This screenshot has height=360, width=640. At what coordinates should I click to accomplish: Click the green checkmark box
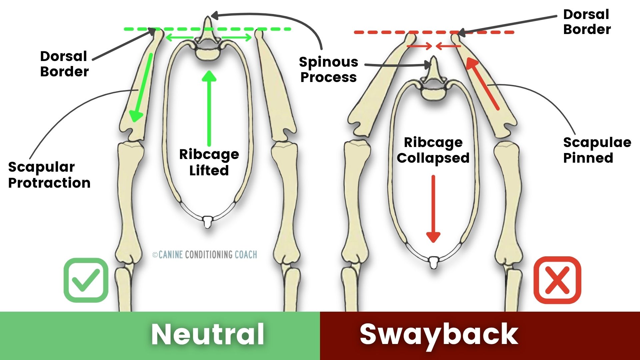coord(86,280)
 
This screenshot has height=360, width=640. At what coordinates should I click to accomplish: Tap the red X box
coord(557,280)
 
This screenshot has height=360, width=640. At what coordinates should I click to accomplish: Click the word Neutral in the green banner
coord(208,334)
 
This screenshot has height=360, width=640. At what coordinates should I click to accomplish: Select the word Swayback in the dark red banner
coord(439,335)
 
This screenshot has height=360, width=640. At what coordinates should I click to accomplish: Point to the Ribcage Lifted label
coord(209,162)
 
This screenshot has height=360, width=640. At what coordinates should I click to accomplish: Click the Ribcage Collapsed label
coord(433,150)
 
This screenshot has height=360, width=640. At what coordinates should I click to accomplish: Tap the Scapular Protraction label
coord(49,175)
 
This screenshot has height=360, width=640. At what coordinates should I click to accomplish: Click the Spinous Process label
coord(329,69)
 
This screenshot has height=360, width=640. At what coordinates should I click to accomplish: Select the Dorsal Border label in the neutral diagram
coord(64,64)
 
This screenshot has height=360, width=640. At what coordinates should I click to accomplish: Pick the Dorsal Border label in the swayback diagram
coord(587,22)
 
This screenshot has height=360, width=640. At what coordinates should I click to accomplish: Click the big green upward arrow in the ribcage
coord(209,108)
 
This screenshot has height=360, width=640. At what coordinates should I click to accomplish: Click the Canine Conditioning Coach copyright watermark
coord(205,255)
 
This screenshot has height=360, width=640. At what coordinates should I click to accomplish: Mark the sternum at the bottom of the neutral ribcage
coord(208,222)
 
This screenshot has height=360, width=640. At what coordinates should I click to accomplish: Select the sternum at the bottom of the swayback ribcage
coord(433,262)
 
